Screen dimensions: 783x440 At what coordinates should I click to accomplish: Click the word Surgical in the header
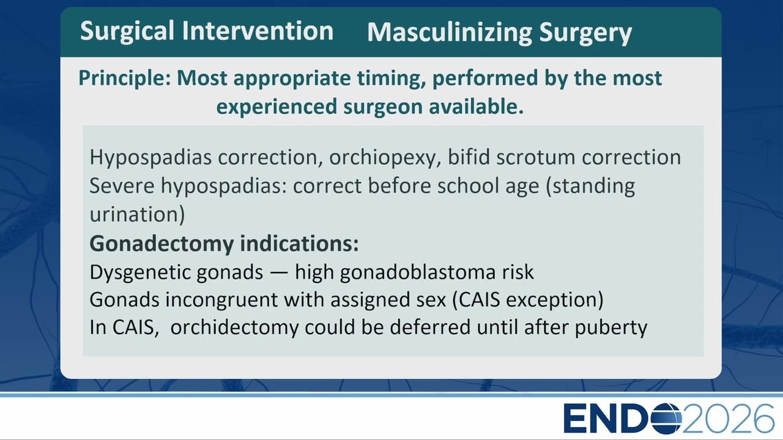(127, 31)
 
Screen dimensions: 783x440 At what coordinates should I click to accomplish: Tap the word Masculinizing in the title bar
(449, 33)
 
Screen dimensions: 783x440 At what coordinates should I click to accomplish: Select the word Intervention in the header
(258, 31)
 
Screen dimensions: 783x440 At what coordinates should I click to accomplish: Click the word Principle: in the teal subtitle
(125, 78)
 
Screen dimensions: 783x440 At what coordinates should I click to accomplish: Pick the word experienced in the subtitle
(276, 107)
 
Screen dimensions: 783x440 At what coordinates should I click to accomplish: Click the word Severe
(122, 186)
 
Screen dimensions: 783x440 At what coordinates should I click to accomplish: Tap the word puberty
(610, 328)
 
